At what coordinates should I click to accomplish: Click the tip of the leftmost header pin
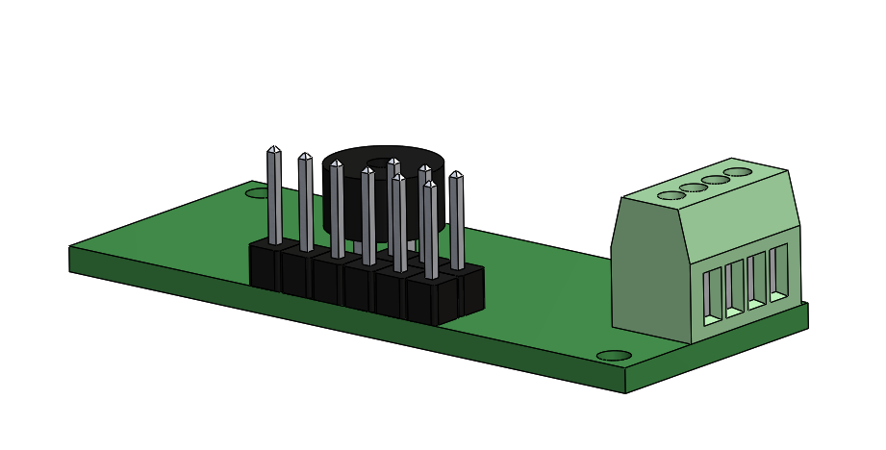273,149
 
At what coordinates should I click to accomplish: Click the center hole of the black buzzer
394,162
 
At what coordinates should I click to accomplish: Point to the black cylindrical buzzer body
352,207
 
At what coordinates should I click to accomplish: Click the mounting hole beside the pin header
256,193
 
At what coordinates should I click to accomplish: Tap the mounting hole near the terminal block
613,356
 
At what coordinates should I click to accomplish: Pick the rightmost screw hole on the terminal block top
737,172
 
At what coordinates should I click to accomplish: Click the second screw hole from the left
693,187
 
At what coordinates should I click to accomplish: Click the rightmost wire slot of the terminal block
778,272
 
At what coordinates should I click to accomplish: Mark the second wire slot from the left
735,287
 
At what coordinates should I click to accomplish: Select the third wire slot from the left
757,280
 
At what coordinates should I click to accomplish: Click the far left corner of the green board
70,248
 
